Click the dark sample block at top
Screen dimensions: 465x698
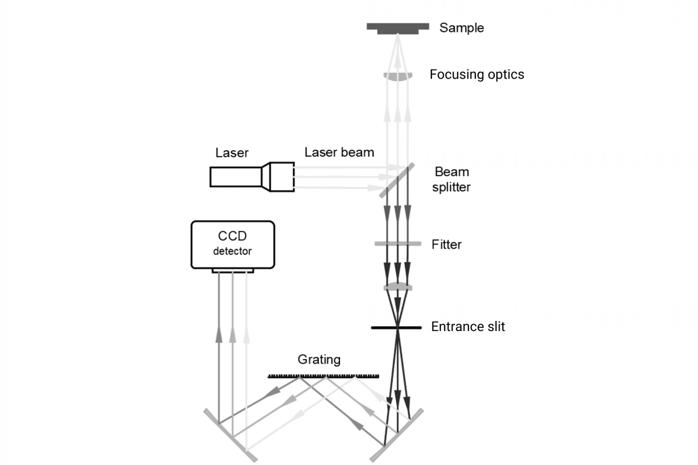coord(398,28)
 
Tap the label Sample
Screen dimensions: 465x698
coord(461,28)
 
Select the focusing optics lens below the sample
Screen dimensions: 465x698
coord(398,76)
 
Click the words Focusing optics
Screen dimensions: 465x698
coord(477,74)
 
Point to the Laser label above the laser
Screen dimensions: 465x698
coord(232,153)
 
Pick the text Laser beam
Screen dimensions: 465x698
coord(339,152)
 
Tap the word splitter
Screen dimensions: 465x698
coord(451,187)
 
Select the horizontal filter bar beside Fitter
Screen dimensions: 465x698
coord(398,244)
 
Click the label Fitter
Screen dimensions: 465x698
coord(446,244)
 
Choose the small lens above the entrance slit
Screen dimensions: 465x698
coord(398,287)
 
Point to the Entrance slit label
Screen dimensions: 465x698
coord(468,326)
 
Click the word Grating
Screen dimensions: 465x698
coord(319,359)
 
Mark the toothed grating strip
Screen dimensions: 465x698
coord(323,376)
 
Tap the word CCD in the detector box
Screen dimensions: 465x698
coord(232,236)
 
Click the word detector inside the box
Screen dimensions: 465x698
coord(232,251)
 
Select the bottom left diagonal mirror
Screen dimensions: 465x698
coord(231,435)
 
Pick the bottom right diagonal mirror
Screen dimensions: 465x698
coord(397,435)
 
